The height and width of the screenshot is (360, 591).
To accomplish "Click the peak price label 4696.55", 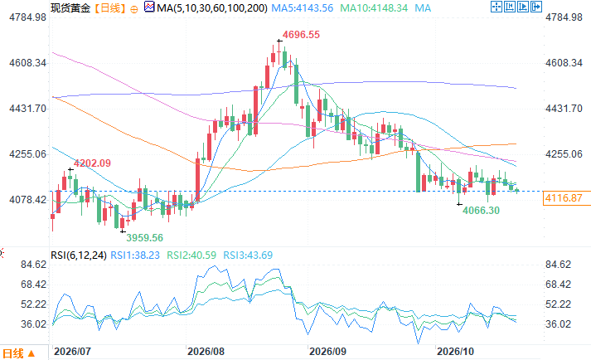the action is pos(301,35).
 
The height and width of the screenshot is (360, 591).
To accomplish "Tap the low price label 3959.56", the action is pos(144,238).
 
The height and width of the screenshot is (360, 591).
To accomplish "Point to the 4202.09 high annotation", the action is pos(92,163).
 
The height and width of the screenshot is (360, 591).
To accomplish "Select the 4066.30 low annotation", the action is pos(481,210).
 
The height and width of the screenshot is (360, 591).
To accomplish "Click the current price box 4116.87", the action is pos(564,198).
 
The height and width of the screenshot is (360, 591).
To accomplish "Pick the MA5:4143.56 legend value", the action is pos(303,8).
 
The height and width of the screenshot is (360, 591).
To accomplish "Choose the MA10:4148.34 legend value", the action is pos(374,8).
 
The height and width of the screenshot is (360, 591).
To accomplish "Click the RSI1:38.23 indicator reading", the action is pos(135,255).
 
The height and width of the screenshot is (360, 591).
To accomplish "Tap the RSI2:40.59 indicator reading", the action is pos(191,255).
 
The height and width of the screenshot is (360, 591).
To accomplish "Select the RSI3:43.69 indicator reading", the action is pos(248,255).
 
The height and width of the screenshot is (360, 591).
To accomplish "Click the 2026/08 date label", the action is pos(206,352).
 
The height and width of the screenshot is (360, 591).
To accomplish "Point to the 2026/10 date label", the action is pos(455,352).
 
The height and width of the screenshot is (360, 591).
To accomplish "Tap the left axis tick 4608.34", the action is pos(28,63).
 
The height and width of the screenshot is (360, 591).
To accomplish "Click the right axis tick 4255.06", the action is pos(564,154).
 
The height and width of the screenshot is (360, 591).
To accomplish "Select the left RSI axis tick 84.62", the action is pos(33,265).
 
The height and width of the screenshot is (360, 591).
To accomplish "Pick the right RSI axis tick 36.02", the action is pos(558,324).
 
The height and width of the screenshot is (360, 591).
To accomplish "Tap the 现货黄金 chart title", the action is pos(70,8).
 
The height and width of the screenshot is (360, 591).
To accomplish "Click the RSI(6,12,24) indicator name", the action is pos(79,255).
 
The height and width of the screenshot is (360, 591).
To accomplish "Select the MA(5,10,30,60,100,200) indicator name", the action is pos(212,8).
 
